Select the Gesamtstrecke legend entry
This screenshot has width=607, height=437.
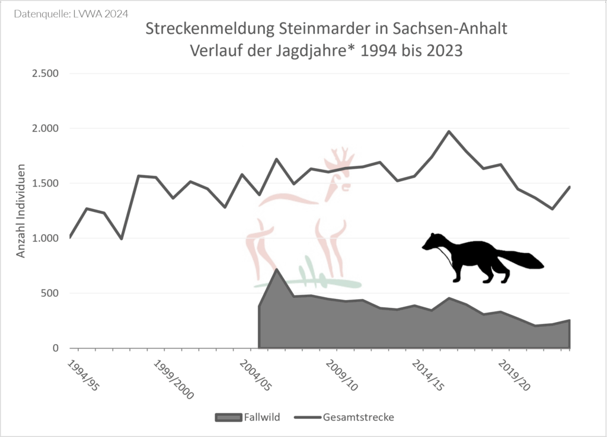(x=358, y=417)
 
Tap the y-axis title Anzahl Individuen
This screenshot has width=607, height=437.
(x=21, y=211)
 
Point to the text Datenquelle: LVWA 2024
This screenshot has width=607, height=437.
(x=71, y=12)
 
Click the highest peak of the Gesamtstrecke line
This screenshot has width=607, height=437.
(x=449, y=131)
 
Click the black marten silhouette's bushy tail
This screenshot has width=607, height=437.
(x=522, y=260)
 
